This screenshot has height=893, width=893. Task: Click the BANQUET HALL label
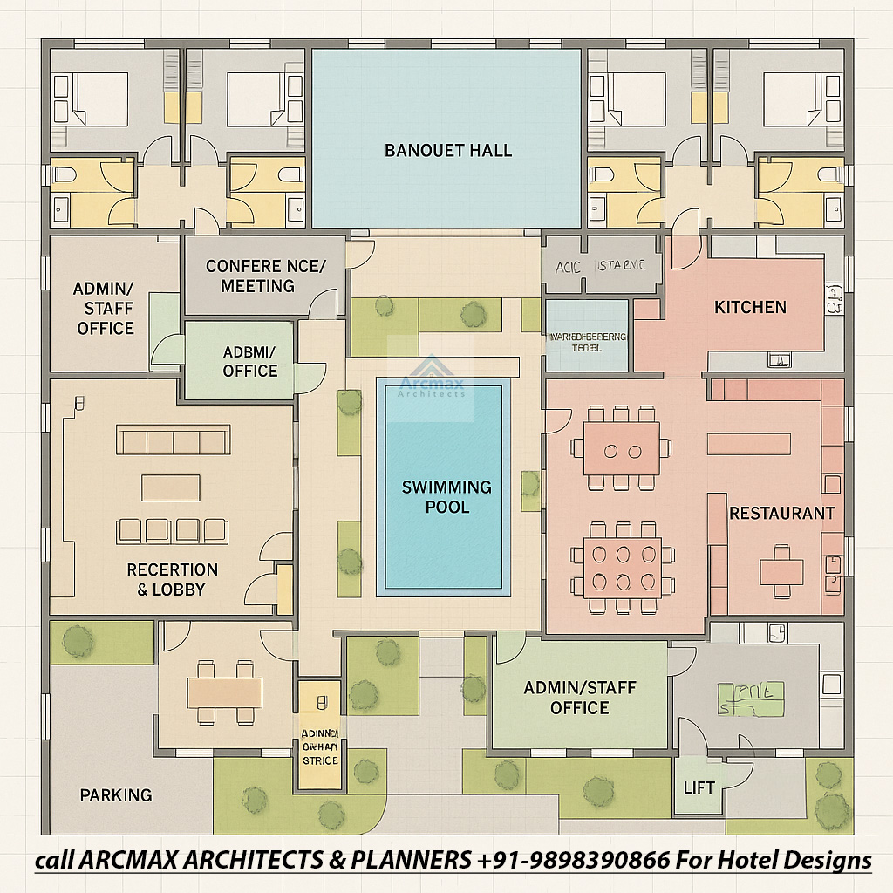tap(447, 150)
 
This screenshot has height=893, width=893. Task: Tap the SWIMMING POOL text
tap(446, 496)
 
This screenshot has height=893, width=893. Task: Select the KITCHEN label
tap(750, 307)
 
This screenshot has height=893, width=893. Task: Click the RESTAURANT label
tap(781, 513)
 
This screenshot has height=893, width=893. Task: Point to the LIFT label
tap(699, 787)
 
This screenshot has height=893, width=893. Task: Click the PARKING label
tap(116, 794)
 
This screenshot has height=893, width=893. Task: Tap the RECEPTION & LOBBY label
tap(172, 579)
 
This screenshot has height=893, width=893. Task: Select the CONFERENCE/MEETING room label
tap(264, 276)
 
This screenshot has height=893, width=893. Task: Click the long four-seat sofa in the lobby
tap(174, 440)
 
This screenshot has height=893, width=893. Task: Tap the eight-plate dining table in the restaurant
tap(623, 567)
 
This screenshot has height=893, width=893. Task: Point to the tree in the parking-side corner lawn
tap(78, 642)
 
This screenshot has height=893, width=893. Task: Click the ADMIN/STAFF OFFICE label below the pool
tap(580, 698)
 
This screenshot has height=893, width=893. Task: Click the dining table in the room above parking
tap(224, 692)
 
